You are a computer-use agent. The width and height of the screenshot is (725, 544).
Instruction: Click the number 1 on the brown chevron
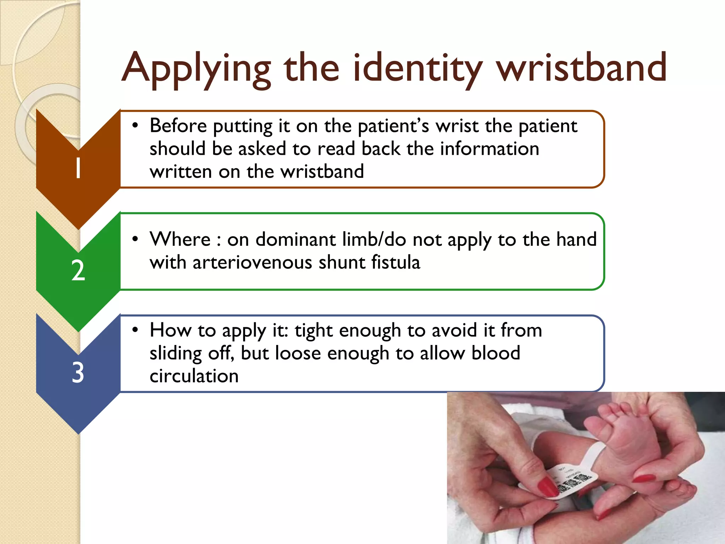pyautogui.click(x=78, y=168)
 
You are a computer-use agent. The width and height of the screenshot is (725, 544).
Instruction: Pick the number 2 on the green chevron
pyautogui.click(x=78, y=270)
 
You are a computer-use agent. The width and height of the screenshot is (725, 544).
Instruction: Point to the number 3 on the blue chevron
pyautogui.click(x=78, y=373)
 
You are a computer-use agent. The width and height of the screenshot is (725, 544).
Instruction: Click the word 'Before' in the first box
pyautogui.click(x=178, y=126)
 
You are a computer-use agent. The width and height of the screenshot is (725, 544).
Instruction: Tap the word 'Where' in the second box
pyautogui.click(x=180, y=239)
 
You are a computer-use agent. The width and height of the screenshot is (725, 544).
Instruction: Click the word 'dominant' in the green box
pyautogui.click(x=295, y=239)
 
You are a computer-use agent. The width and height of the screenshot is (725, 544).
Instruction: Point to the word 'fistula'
pyautogui.click(x=396, y=262)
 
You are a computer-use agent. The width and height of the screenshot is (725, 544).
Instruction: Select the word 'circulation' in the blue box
pyautogui.click(x=194, y=376)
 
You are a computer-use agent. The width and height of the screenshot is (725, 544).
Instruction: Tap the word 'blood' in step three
pyautogui.click(x=496, y=353)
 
